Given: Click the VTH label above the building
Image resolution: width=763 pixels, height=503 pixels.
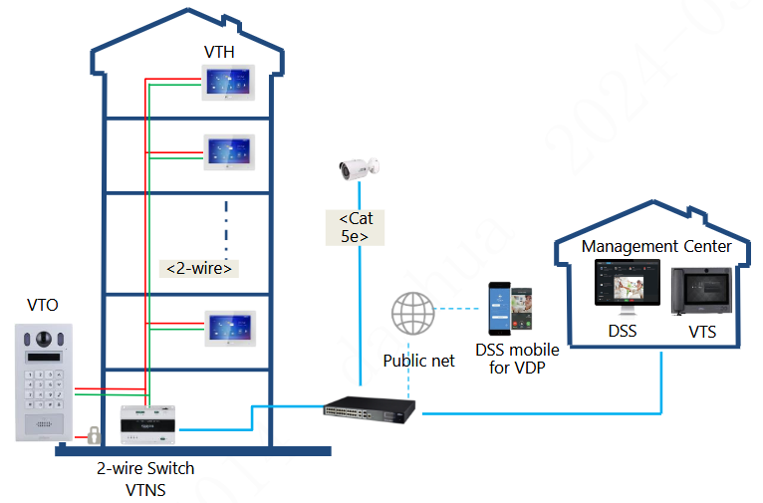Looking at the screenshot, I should (219, 52).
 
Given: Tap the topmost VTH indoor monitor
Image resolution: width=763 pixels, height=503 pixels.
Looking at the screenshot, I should (230, 83).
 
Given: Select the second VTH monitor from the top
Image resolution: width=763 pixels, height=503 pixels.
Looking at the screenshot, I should (230, 152).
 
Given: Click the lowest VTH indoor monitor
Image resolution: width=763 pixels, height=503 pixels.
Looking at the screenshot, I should (230, 329).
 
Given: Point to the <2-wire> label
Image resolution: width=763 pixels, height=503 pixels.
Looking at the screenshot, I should (199, 268).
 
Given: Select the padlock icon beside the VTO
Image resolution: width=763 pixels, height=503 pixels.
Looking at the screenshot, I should (93, 434).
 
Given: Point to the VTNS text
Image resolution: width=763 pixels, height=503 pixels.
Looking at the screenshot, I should (145, 489).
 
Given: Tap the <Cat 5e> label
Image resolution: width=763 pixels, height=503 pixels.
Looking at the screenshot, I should (356, 227).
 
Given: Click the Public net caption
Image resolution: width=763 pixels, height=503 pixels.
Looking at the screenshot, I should (419, 361).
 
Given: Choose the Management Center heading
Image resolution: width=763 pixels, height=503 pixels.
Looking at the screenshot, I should (656, 246).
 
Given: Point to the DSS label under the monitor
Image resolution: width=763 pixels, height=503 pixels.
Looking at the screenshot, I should (622, 331).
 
